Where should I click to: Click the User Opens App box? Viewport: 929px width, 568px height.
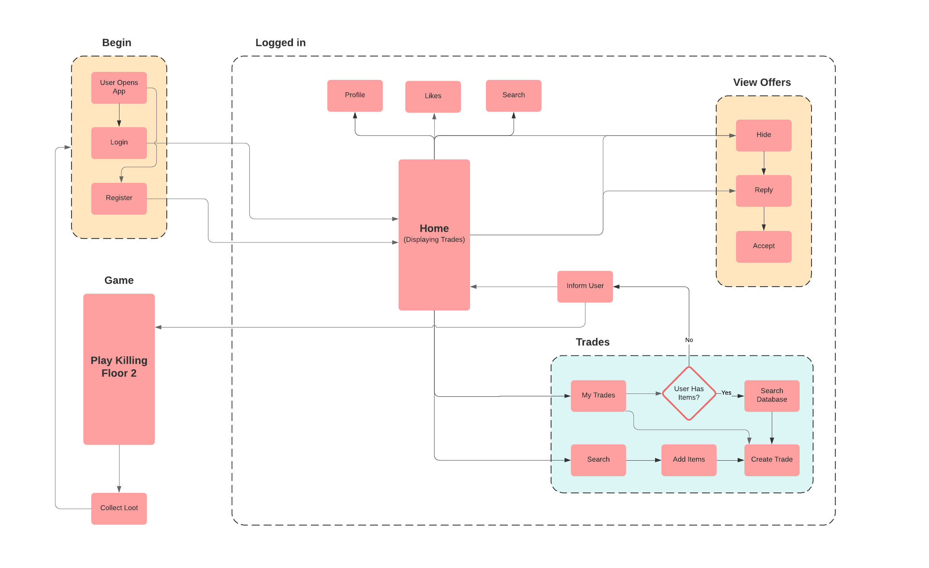(119, 87)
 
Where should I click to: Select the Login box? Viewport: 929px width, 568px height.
(119, 143)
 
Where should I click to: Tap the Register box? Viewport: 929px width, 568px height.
(119, 198)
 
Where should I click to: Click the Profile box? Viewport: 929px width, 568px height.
(355, 95)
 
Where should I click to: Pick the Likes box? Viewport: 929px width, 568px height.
(433, 97)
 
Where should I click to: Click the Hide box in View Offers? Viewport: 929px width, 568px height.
(763, 135)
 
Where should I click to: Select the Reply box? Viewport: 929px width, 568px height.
(763, 190)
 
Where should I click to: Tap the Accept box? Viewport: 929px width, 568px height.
(763, 246)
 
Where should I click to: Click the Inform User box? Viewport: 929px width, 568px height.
(584, 286)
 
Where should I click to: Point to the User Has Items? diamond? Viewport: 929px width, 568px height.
(688, 393)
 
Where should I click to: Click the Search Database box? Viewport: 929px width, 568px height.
(771, 395)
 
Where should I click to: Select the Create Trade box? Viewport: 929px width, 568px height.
(771, 459)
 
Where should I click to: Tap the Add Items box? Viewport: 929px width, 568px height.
(688, 459)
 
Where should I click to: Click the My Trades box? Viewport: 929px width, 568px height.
(598, 395)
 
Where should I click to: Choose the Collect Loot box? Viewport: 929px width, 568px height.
(119, 508)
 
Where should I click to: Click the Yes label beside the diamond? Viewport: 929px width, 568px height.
(726, 393)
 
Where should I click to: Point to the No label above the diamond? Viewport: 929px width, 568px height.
(689, 340)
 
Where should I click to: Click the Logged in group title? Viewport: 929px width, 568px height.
(280, 43)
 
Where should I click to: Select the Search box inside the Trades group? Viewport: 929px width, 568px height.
(598, 459)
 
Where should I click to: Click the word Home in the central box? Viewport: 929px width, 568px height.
(434, 229)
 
